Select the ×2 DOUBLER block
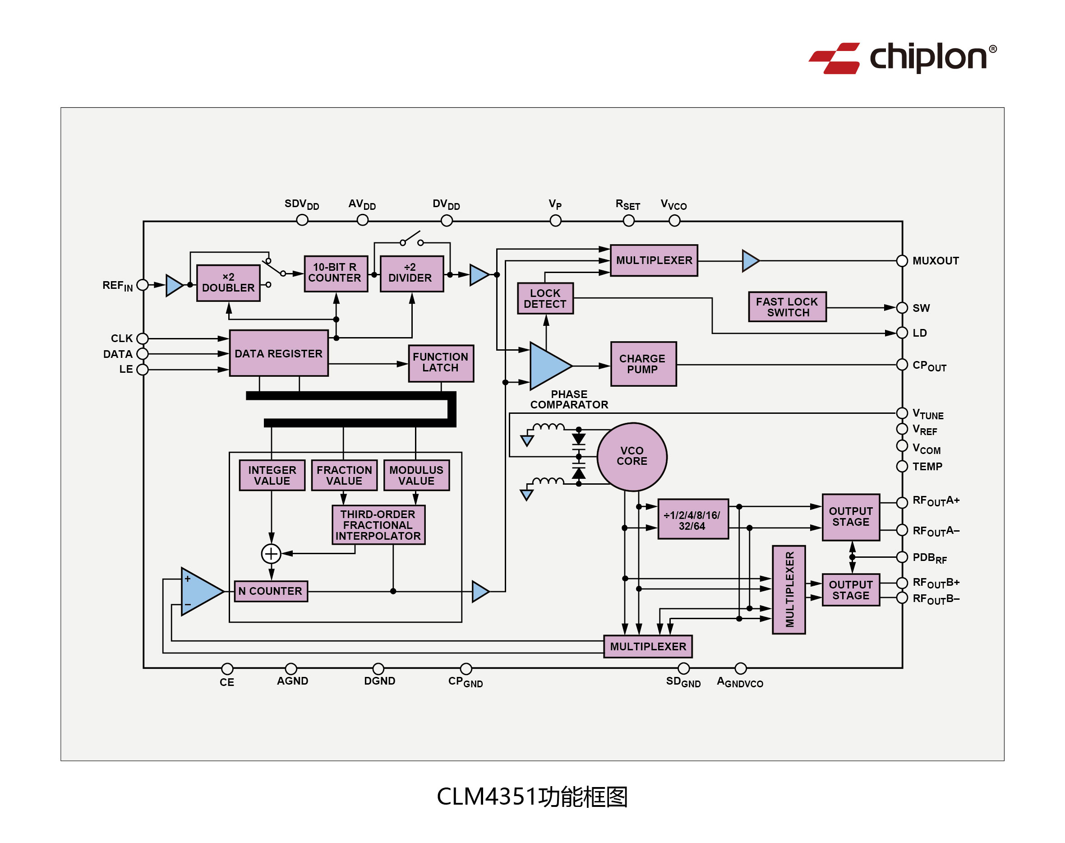228,283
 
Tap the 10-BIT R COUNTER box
336,273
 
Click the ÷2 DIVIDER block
411,273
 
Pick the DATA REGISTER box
279,353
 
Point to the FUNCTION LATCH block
441,363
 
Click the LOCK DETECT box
545,298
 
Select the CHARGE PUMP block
643,364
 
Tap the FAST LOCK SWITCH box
787,306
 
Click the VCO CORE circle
632,457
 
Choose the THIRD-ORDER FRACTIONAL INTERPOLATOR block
378,525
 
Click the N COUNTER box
271,591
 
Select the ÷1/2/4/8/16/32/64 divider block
692,519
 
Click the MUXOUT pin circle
902,260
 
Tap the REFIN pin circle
143,285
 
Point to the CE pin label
227,682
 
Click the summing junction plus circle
271,553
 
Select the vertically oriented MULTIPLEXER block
789,589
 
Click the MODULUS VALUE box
417,475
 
